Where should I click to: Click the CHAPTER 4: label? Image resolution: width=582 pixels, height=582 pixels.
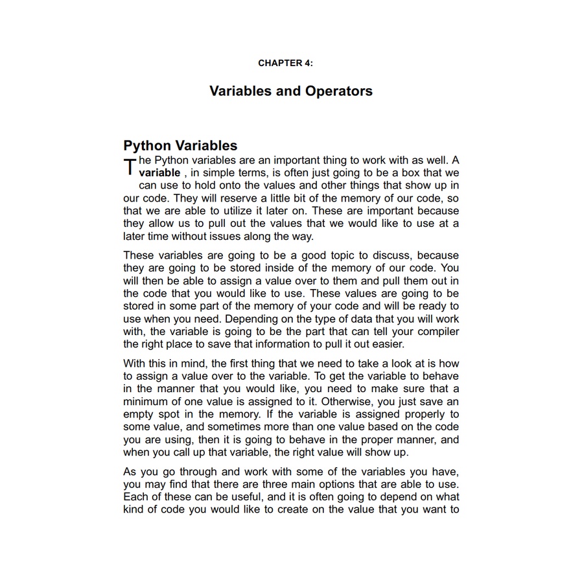285,63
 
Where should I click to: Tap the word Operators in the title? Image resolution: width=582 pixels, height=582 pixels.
339,91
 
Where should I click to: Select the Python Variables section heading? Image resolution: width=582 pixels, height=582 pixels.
180,146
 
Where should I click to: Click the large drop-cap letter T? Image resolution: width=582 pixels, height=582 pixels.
130,167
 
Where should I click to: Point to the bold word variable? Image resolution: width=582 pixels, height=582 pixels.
159,173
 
